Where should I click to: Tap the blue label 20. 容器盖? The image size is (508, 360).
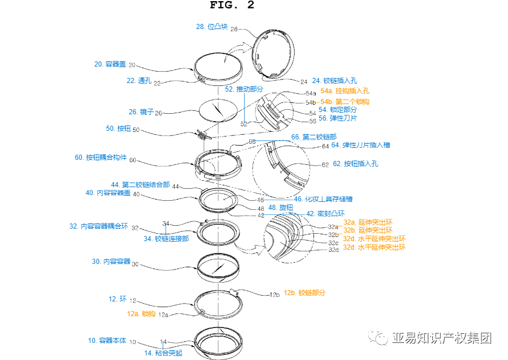point(110,64)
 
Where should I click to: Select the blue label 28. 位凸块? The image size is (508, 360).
point(212,26)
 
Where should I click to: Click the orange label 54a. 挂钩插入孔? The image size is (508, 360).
point(345,90)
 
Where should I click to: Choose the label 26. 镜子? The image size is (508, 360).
point(141,112)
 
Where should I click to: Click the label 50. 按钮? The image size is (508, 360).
point(118,129)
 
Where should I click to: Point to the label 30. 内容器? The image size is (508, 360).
point(111,262)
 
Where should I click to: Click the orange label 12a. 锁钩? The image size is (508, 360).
point(140,313)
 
